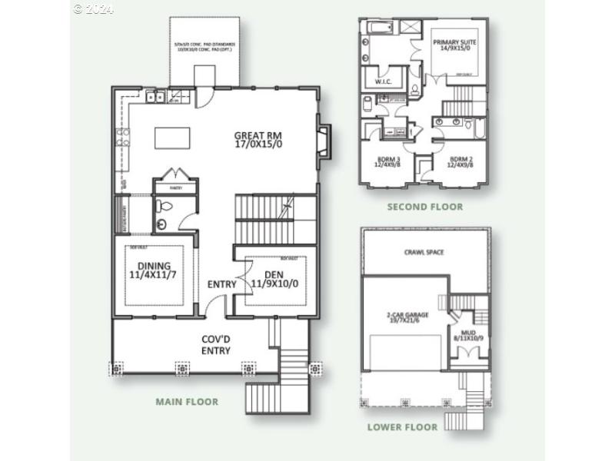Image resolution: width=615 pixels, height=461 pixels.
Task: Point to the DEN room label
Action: click(274, 278)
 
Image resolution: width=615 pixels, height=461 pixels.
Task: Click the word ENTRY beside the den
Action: click(221, 285)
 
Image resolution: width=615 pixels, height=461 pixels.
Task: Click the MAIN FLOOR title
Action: click(187, 402)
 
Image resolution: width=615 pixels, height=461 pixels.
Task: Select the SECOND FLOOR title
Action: click(424, 207)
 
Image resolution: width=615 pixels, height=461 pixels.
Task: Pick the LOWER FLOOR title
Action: click(402, 427)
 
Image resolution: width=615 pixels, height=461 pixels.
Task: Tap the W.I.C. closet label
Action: click(384, 81)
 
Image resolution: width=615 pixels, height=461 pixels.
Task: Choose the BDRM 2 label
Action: click(462, 163)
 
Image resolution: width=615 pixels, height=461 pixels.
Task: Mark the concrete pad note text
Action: click(204, 48)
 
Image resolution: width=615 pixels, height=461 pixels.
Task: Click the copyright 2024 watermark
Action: click(93, 8)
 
